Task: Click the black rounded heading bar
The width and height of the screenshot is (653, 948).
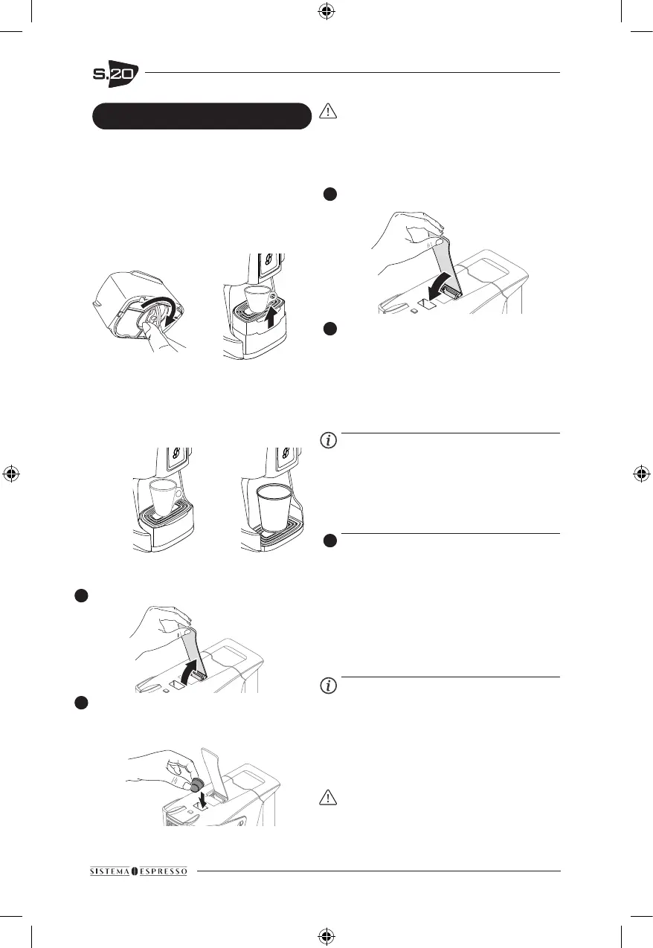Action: point(201,116)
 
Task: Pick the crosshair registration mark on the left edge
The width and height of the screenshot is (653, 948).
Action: point(13,473)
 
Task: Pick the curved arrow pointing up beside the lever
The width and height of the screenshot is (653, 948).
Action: point(193,667)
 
